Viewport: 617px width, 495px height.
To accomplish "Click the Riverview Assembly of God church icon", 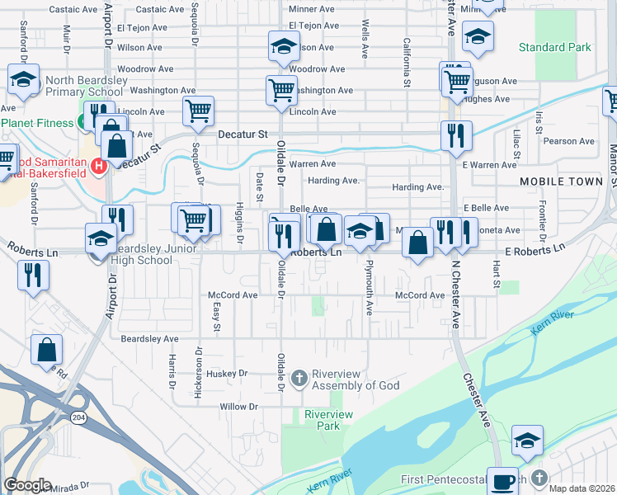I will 299,378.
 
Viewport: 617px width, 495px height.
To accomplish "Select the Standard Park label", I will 560,47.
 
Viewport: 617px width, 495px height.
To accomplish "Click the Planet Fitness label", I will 40,122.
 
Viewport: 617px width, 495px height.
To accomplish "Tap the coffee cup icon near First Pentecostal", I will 502,480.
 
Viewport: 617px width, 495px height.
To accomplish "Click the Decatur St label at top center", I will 243,133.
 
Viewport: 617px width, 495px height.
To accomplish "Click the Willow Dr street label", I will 238,407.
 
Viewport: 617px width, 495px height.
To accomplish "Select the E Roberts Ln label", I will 537,247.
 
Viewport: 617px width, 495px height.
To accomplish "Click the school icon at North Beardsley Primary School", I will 24,80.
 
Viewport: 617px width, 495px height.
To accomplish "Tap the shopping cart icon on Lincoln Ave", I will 198,110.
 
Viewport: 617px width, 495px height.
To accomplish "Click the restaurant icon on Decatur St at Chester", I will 456,134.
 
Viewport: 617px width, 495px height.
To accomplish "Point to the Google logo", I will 27,484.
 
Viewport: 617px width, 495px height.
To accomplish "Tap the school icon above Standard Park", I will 478,35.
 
